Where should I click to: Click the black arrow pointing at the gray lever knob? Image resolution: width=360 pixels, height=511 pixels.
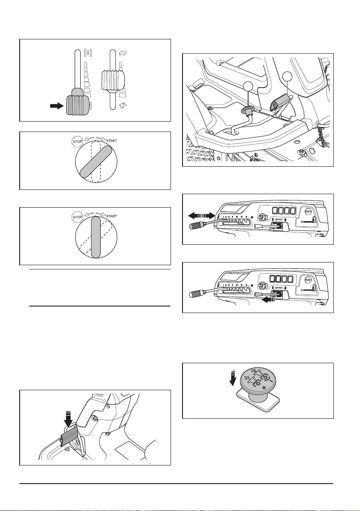pyautogui.click(x=57, y=106)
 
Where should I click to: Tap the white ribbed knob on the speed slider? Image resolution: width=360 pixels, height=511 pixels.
pyautogui.click(x=113, y=80)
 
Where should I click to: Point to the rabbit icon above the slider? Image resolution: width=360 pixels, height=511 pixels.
pyautogui.click(x=123, y=53)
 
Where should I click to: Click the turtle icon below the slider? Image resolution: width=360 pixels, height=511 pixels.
pyautogui.click(x=123, y=105)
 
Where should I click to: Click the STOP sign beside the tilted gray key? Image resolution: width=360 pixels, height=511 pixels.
pyautogui.click(x=77, y=141)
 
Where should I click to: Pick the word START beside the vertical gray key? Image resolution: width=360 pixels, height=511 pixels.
pyautogui.click(x=112, y=216)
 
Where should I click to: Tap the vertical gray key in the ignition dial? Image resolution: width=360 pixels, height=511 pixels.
pyautogui.click(x=96, y=237)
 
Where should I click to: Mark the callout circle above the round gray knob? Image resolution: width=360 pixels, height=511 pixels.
pyautogui.click(x=248, y=87)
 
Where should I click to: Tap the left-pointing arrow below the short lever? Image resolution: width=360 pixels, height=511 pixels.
pyautogui.click(x=269, y=300)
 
